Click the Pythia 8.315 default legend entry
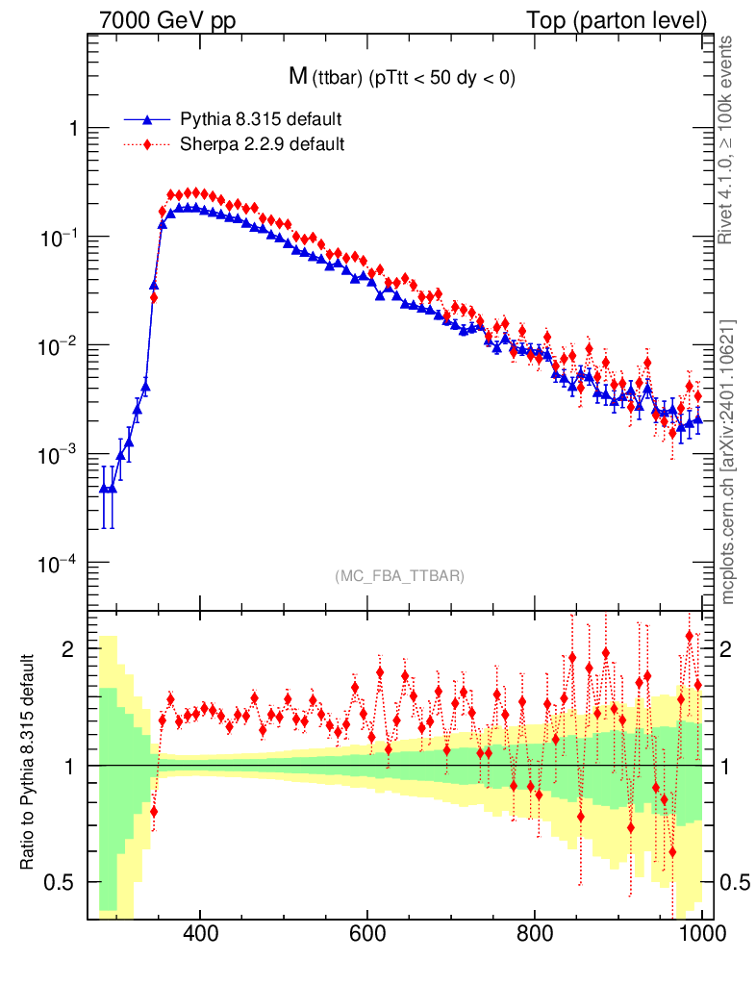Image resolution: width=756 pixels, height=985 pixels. tap(260, 119)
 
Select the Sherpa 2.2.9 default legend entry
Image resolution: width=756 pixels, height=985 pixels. tap(262, 145)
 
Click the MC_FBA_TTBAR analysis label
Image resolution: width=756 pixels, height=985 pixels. tap(399, 576)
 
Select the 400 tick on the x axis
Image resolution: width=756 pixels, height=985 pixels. tap(199, 933)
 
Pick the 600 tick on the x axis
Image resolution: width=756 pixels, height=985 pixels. tap(367, 933)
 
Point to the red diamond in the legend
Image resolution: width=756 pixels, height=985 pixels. tap(147, 145)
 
